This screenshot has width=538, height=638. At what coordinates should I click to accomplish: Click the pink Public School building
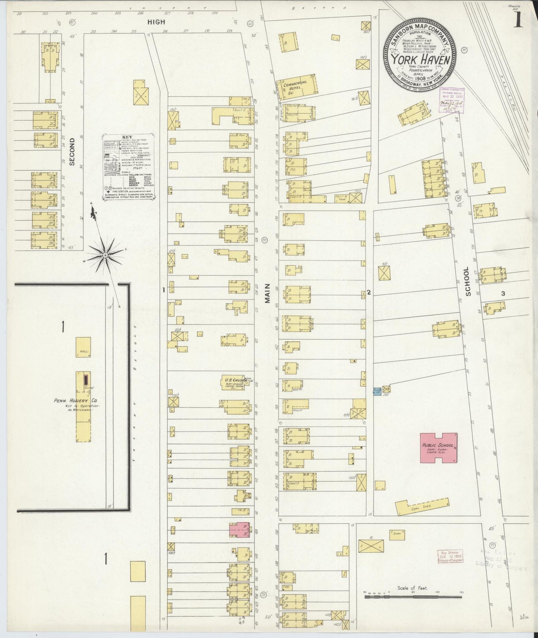[439, 448]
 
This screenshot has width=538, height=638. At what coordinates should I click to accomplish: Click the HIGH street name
[156, 22]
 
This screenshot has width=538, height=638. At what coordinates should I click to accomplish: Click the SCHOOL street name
[468, 287]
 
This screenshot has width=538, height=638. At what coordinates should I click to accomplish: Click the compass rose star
[105, 255]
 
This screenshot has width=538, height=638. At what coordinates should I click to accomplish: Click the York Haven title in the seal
[421, 60]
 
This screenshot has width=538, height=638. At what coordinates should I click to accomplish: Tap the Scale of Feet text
[413, 588]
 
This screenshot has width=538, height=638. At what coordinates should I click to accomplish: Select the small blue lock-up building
[376, 392]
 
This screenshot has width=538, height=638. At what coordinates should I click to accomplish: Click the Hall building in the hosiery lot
[83, 348]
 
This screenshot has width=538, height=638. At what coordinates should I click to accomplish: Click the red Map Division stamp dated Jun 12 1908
[450, 556]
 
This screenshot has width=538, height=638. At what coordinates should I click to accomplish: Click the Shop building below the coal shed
[397, 535]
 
